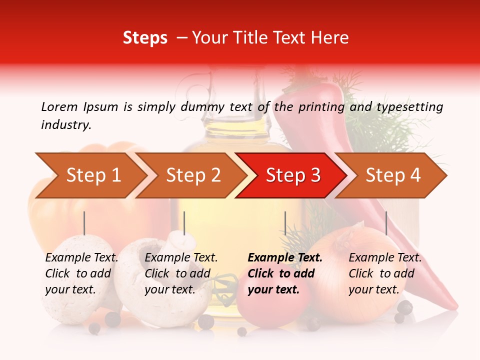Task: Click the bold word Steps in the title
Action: [145, 38]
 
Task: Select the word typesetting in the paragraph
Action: [409, 106]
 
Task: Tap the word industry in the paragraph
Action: [65, 125]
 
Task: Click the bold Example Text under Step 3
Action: [285, 258]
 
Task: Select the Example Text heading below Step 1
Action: [81, 258]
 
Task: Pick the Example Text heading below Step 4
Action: [385, 258]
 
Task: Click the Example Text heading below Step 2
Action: [181, 258]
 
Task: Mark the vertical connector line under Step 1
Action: [84, 223]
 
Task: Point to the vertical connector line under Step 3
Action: [285, 223]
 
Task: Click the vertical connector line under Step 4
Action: [386, 223]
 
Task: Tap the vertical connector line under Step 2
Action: [184, 223]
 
